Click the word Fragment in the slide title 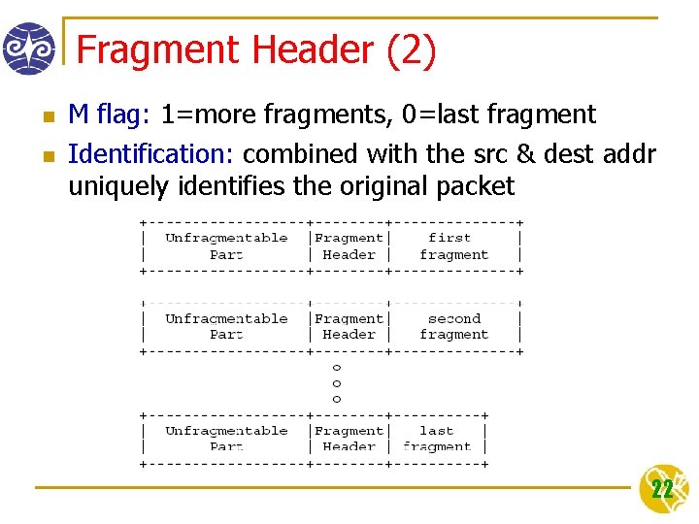[156, 50]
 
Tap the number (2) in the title [411, 50]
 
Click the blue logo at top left [28, 49]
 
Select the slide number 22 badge [663, 489]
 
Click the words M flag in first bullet [105, 115]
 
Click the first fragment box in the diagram [453, 246]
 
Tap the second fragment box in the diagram [453, 326]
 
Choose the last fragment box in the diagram [437, 439]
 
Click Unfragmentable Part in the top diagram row [226, 246]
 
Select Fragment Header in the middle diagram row [349, 326]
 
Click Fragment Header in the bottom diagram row [349, 439]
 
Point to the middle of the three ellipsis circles [337, 383]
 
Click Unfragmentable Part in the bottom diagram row [226, 439]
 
